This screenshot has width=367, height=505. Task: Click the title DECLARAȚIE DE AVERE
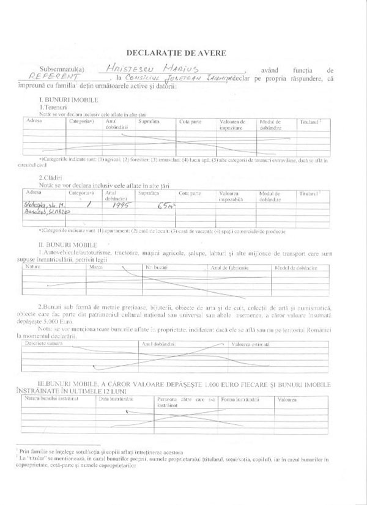pyautogui.click(x=184, y=53)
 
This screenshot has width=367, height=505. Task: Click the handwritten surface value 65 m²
pyautogui.click(x=165, y=208)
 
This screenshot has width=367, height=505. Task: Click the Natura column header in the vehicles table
pyautogui.click(x=31, y=268)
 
